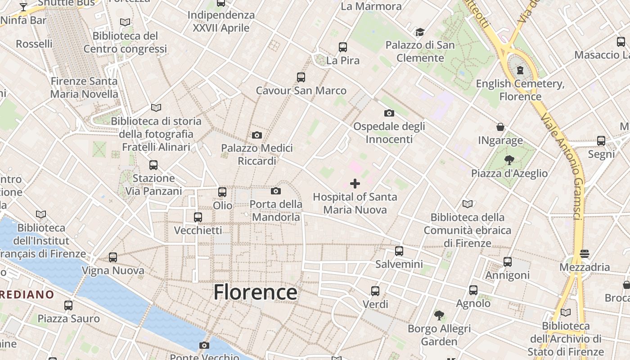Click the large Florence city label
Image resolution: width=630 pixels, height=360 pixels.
click(x=255, y=292)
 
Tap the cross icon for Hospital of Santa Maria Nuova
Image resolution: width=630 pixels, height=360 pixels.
click(x=355, y=184)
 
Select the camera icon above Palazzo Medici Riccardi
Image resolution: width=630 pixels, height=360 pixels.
click(x=257, y=135)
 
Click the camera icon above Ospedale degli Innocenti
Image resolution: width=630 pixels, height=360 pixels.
click(x=389, y=113)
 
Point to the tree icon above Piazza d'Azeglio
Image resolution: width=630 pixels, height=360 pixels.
click(x=509, y=160)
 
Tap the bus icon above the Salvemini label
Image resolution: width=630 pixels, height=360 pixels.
click(x=399, y=251)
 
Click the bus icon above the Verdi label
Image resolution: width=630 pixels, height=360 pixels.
click(x=375, y=291)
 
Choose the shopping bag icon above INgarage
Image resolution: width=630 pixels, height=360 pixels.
click(x=500, y=127)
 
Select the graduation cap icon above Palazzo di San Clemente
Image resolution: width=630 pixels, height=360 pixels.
click(x=420, y=32)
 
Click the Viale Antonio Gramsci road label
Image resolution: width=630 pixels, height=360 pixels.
click(x=562, y=166)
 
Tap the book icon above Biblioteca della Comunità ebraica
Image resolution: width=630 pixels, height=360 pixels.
click(x=468, y=204)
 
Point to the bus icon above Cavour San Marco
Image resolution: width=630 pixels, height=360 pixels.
click(x=301, y=77)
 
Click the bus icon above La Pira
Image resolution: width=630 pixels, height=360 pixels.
click(x=343, y=47)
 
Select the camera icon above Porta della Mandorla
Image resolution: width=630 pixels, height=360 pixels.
click(x=276, y=191)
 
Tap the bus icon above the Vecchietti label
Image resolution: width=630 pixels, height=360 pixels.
click(x=198, y=217)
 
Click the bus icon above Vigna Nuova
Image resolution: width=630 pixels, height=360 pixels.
click(x=113, y=257)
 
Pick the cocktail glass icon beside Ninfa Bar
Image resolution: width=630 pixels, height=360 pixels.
click(x=23, y=7)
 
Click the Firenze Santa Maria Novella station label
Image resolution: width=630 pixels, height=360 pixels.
click(x=84, y=88)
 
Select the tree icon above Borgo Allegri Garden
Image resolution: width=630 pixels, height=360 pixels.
click(x=439, y=315)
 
